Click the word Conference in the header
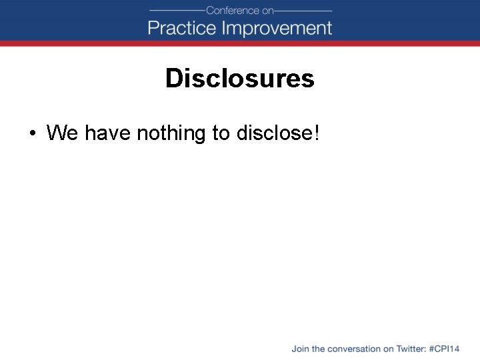point(233,11)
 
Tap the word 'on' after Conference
point(268,11)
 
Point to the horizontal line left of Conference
point(177,11)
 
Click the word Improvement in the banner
point(277,28)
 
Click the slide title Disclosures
point(240,79)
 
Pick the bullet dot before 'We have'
point(31,133)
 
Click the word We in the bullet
point(62,133)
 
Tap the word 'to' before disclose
point(221,133)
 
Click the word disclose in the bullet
point(273,133)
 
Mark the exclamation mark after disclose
point(316,133)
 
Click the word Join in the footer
point(299,349)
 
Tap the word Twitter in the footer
point(411,349)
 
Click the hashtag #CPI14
point(445,349)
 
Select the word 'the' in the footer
point(318,349)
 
